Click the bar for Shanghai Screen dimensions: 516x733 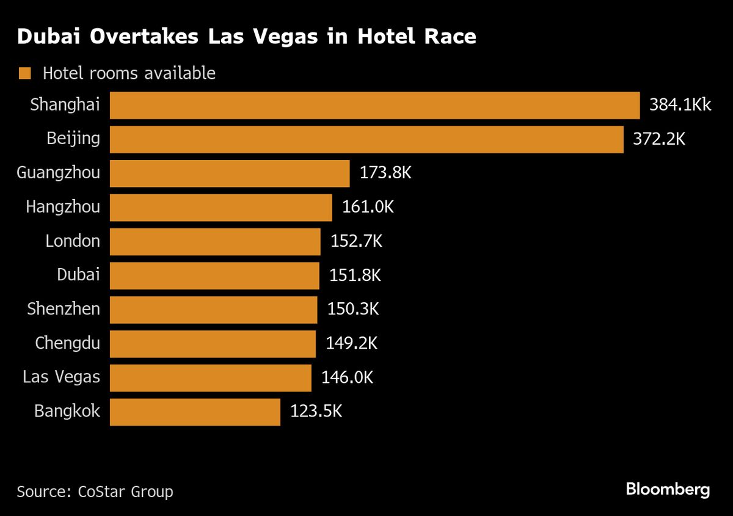click(374, 105)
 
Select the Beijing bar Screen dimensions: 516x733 click(366, 139)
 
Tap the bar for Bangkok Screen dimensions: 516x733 click(195, 412)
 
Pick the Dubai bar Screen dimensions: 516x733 click(214, 275)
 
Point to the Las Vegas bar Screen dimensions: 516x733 click(211, 377)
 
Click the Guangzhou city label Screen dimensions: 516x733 click(58, 173)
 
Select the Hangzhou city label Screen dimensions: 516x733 click(62, 208)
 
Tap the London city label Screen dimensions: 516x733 click(72, 241)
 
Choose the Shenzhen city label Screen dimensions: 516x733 click(63, 309)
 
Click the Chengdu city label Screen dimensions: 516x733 click(67, 343)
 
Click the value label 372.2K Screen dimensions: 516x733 click(659, 139)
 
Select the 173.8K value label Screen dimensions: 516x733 click(385, 173)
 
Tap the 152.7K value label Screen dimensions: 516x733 click(356, 241)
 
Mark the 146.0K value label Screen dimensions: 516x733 click(347, 377)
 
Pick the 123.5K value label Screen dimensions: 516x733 click(316, 412)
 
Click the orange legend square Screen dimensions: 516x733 click(24, 74)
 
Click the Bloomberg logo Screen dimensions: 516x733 click(668, 489)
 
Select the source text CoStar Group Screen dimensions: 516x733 click(125, 492)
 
